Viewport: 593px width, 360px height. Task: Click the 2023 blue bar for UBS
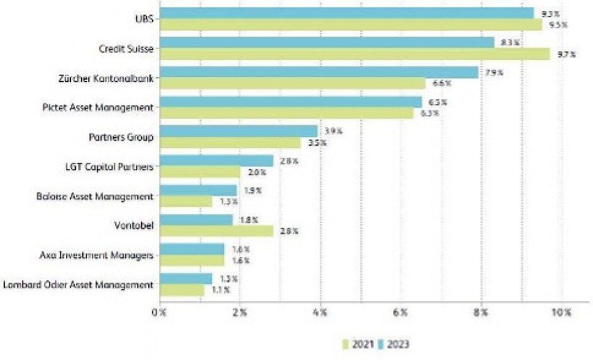coord(346,13)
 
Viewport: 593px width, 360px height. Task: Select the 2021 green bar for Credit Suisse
coord(355,54)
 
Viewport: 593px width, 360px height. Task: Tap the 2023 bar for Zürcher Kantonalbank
coord(319,72)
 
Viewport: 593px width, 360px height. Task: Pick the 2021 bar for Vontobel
coord(216,231)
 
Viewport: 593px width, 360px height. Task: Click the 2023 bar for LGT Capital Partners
coord(216,161)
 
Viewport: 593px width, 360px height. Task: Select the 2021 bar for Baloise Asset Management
coord(185,202)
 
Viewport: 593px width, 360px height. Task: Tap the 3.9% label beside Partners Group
coord(332,132)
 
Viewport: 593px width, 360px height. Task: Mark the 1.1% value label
coord(219,290)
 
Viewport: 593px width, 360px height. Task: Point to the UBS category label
coord(143,19)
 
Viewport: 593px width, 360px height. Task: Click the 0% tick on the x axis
coord(159,314)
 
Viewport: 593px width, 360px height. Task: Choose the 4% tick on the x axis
coord(320,314)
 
